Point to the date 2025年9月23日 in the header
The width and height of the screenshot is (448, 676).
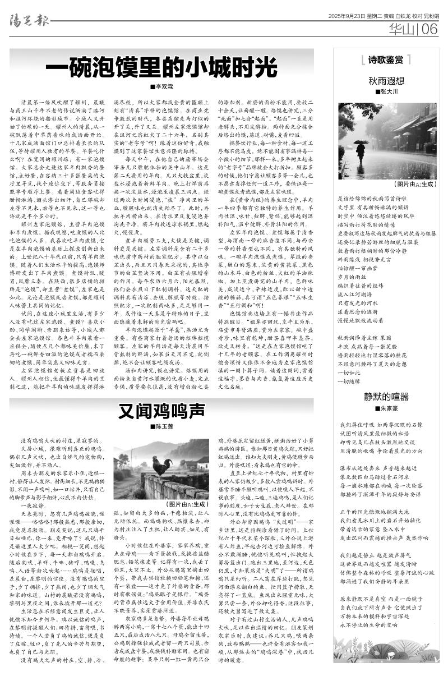pos(347,16)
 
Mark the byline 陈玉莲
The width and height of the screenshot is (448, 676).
pos(161,427)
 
